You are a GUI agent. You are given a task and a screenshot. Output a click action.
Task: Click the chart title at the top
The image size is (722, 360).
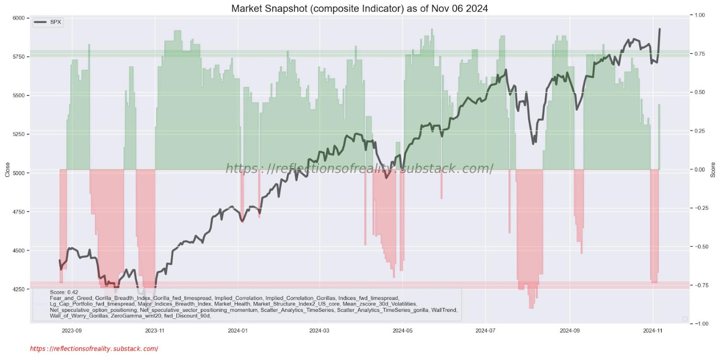(360, 8)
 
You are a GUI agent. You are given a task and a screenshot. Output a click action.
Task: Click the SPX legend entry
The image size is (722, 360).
(55, 22)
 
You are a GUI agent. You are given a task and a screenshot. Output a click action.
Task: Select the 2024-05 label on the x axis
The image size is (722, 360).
(402, 331)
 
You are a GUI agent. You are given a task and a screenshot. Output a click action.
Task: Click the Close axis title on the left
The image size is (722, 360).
(7, 169)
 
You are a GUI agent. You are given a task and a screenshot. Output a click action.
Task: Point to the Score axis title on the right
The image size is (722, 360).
(713, 169)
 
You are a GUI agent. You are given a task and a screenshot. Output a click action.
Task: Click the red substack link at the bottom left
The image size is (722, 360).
(94, 348)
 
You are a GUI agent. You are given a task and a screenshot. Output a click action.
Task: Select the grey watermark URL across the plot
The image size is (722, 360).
(360, 169)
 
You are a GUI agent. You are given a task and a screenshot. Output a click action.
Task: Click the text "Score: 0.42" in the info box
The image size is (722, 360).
(64, 292)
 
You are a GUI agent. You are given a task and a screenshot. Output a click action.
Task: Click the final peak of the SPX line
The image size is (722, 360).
(659, 29)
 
